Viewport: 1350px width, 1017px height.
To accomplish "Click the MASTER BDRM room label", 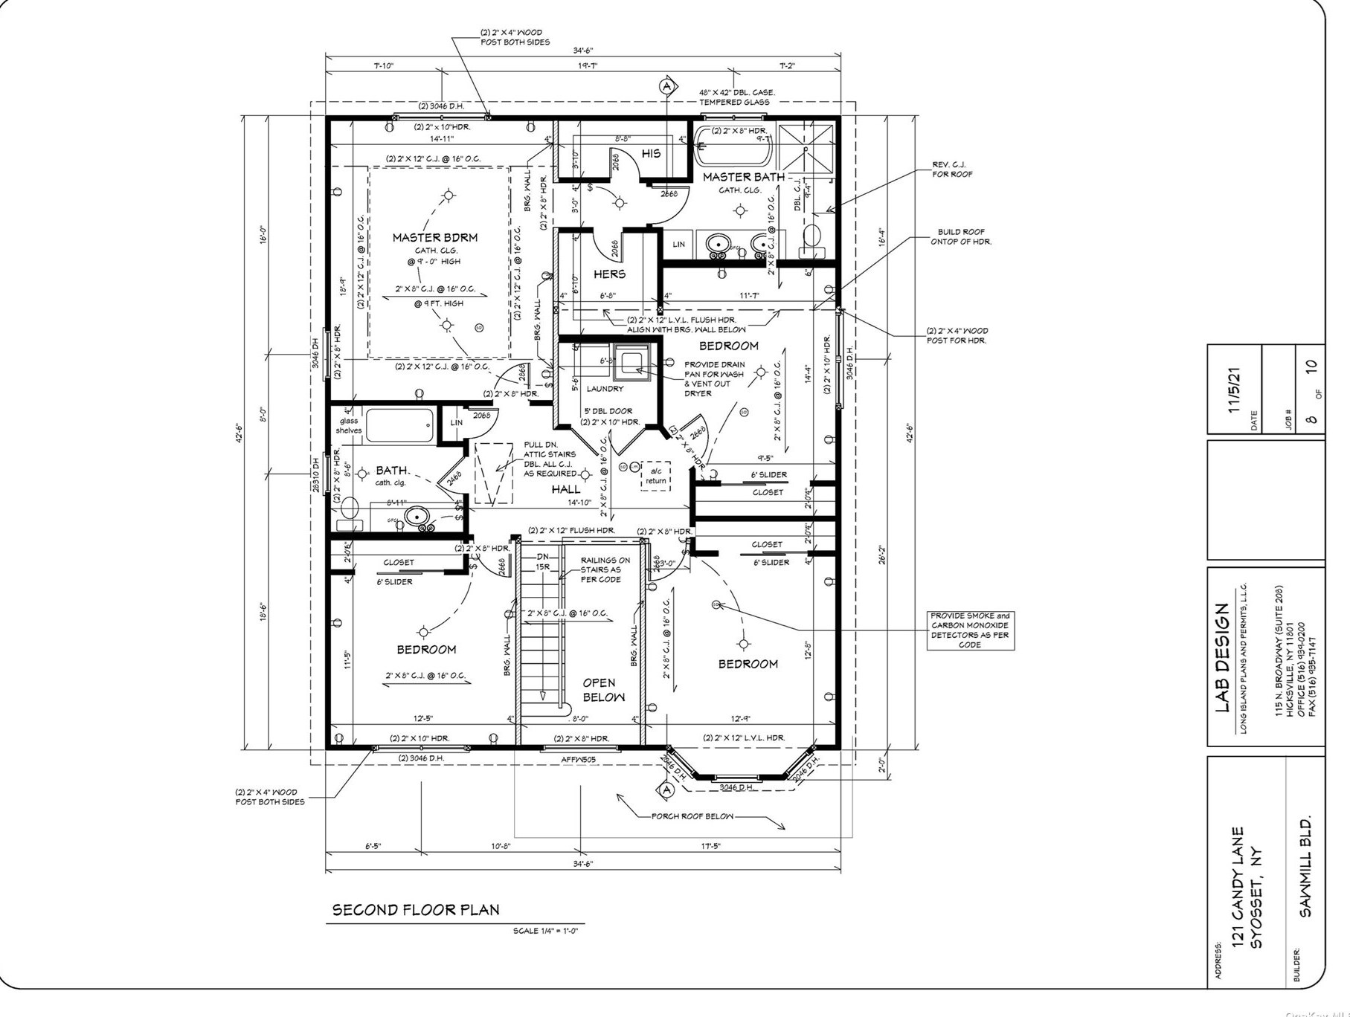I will coord(434,238).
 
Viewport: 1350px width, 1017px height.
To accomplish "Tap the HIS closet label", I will coord(651,154).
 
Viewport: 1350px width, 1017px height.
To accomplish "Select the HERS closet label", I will coord(609,274).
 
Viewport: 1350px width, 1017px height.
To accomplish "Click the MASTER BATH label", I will coord(743,177).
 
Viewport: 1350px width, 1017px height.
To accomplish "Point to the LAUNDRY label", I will coord(604,389).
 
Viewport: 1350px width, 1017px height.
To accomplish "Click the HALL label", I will coord(566,489).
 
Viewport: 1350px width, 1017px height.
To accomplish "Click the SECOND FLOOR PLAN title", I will coord(415,910).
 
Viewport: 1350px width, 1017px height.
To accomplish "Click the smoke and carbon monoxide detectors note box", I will coord(970,630).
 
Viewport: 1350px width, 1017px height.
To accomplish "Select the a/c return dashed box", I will coord(655,476).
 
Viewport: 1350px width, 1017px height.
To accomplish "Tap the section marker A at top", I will coord(666,85).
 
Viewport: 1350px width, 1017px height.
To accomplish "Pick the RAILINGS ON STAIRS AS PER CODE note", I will coord(605,569).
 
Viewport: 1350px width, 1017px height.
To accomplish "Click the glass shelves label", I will coord(348,425).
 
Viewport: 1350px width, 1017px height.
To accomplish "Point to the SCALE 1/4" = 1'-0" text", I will coord(544,931).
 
